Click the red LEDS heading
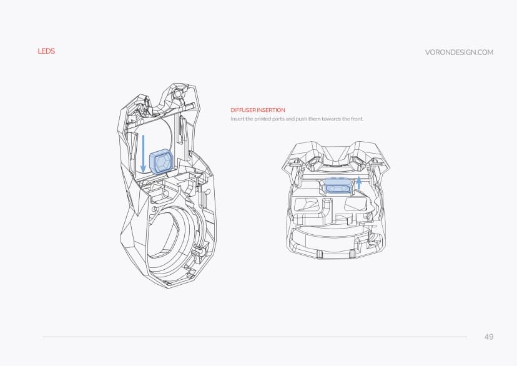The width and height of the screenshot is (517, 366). tap(46, 51)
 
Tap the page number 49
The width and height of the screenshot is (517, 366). tap(488, 337)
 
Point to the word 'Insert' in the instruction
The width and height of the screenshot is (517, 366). tap(237, 119)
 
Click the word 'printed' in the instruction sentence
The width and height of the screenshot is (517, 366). tap(265, 119)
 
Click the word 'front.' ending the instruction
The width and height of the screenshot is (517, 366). tap(356, 119)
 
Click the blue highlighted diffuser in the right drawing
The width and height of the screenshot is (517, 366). tap(340, 187)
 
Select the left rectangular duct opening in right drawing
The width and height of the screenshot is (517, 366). tap(308, 205)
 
